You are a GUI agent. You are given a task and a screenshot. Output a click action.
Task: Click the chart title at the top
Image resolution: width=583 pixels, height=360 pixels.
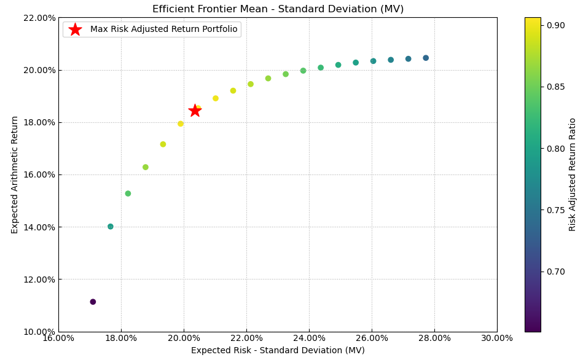(x=278, y=9)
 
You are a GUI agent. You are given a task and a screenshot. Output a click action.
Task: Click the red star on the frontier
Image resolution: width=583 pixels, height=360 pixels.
(x=195, y=111)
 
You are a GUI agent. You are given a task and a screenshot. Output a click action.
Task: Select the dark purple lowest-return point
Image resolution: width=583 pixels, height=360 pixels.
(x=93, y=302)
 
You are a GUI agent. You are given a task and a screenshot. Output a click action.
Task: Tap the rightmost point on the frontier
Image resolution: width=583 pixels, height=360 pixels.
(x=426, y=58)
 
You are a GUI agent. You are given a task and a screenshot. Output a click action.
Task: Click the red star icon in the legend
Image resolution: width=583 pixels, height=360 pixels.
(x=75, y=29)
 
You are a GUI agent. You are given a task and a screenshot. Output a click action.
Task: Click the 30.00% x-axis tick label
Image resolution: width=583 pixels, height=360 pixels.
(x=496, y=338)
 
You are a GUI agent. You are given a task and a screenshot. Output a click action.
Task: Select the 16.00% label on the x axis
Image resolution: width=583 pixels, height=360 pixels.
(x=58, y=338)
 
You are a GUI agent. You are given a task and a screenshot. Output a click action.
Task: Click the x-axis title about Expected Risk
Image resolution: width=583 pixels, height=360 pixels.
(x=278, y=351)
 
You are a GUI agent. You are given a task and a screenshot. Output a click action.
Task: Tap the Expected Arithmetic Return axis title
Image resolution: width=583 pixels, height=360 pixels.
(x=15, y=174)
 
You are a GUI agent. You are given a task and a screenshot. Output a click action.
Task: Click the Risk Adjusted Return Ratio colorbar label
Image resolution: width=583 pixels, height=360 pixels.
(x=573, y=174)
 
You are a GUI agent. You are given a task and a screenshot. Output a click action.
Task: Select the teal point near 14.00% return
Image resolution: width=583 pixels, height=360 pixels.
(x=111, y=227)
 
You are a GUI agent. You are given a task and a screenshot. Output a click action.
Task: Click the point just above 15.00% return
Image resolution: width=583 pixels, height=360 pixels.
(x=128, y=194)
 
